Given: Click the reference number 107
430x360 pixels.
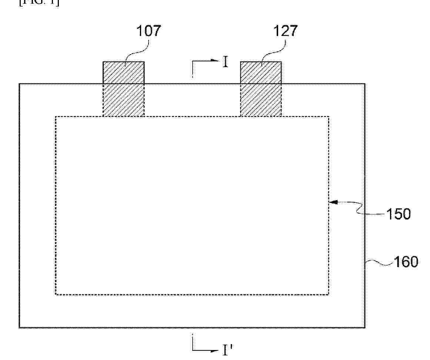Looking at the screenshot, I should click(x=149, y=31).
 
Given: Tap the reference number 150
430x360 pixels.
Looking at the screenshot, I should click(x=399, y=214).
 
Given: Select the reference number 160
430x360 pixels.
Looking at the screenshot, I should click(x=406, y=262).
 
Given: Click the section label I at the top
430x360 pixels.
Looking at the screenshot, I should click(x=225, y=62).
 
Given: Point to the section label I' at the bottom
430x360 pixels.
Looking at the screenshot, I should click(x=227, y=350).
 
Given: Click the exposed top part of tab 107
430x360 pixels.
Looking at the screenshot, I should click(x=123, y=72).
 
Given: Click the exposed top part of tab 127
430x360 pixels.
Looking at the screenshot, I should click(x=261, y=72).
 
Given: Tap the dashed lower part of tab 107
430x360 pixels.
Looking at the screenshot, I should click(x=123, y=100).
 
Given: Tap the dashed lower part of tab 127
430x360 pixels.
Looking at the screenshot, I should click(x=261, y=100).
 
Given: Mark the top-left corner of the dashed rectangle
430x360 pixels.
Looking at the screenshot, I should click(x=56, y=117).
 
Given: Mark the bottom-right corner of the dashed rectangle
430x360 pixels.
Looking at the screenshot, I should click(x=328, y=295).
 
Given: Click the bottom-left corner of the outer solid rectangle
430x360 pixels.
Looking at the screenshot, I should click(x=20, y=327).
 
